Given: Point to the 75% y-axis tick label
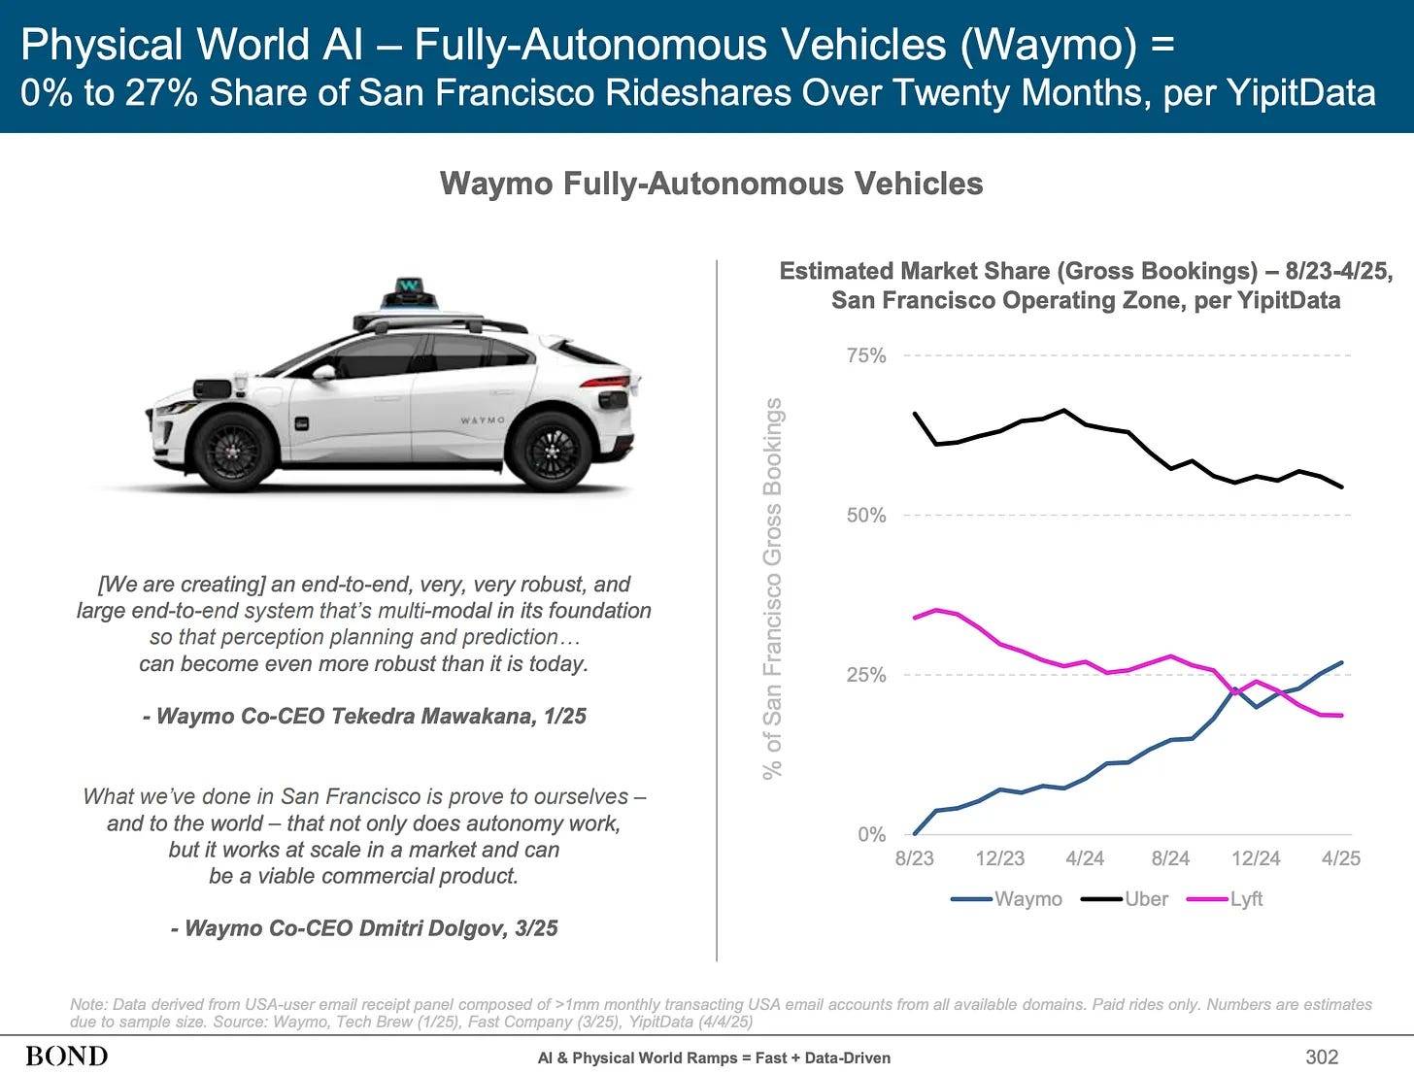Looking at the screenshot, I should pyautogui.click(x=866, y=355).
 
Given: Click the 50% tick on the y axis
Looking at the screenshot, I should pyautogui.click(x=866, y=516).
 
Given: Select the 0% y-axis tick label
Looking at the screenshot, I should pyautogui.click(x=871, y=834).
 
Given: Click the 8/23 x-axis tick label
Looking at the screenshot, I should pyautogui.click(x=914, y=858).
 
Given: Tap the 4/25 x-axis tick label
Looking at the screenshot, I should pyautogui.click(x=1341, y=858).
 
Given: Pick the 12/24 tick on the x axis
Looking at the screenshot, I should pyautogui.click(x=1256, y=858).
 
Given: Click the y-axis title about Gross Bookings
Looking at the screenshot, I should pyautogui.click(x=772, y=588).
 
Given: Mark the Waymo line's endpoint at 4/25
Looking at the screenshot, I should pyautogui.click(x=1342, y=663).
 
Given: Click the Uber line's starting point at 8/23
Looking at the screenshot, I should pyautogui.click(x=915, y=414).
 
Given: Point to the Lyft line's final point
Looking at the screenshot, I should pyautogui.click(x=1342, y=716).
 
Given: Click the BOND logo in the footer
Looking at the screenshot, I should pyautogui.click(x=67, y=1057).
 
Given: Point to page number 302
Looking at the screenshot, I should pyautogui.click(x=1322, y=1057).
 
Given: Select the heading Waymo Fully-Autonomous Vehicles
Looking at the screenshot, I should pyautogui.click(x=711, y=184).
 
